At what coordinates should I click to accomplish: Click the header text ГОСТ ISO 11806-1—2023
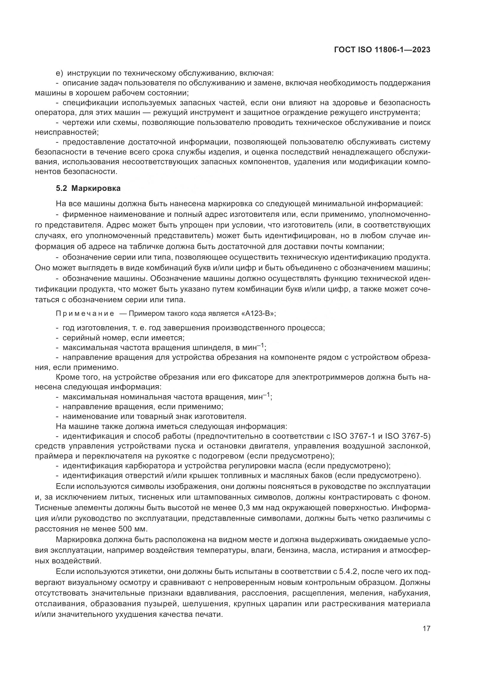coord(382,50)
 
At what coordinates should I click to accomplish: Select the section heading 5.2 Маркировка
coord(88,188)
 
